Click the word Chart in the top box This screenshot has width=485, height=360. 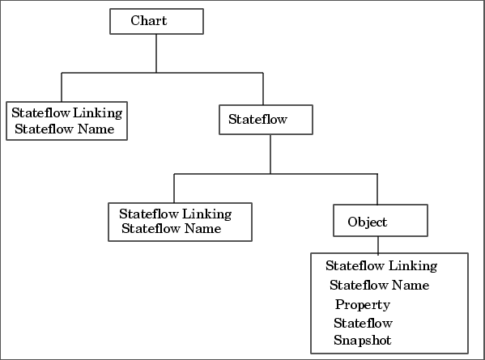(x=149, y=21)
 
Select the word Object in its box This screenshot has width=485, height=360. (x=367, y=222)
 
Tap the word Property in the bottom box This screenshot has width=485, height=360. (x=363, y=305)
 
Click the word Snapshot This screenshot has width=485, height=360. (x=362, y=341)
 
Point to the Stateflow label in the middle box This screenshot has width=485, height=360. (x=257, y=119)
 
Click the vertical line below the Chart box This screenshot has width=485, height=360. (x=156, y=53)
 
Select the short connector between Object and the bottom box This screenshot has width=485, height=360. (x=378, y=245)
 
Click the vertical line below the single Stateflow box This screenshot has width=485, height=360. (x=270, y=154)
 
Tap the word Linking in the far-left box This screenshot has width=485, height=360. (x=97, y=113)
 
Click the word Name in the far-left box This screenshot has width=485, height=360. (x=96, y=129)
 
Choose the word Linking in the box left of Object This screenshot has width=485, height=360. (x=206, y=214)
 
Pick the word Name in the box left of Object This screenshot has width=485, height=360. (x=202, y=229)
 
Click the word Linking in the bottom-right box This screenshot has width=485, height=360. (x=413, y=266)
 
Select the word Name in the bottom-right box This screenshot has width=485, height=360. (x=411, y=286)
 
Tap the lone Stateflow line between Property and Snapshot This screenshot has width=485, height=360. (x=363, y=324)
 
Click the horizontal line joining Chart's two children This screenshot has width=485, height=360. (x=163, y=73)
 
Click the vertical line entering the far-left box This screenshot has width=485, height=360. (x=62, y=87)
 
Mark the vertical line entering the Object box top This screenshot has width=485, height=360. (x=377, y=189)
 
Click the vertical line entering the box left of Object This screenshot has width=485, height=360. (x=174, y=188)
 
